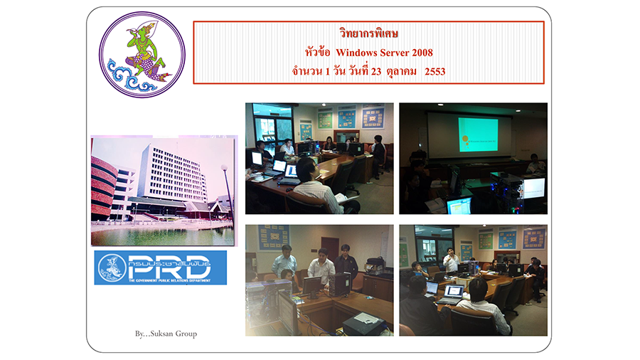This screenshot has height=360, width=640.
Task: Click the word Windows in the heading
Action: [356, 53]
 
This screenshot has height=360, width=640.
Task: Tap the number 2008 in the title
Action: [422, 53]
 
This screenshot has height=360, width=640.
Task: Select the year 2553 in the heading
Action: [434, 71]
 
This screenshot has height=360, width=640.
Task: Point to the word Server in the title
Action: [394, 53]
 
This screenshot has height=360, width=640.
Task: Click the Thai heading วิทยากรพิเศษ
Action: [368, 33]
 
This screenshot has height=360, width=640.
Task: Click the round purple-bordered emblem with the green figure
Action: [142, 54]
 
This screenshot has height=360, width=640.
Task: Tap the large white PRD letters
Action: [169, 268]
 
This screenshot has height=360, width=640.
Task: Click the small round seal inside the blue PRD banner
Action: [112, 268]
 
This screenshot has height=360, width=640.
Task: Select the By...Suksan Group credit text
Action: [166, 334]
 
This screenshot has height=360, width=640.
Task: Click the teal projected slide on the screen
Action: [478, 134]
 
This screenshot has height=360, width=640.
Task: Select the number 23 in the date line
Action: [376, 71]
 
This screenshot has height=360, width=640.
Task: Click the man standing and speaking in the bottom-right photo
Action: [451, 260]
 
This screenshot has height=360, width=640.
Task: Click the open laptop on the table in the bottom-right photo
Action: [452, 295]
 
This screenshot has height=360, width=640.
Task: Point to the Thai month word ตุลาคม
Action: [401, 71]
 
